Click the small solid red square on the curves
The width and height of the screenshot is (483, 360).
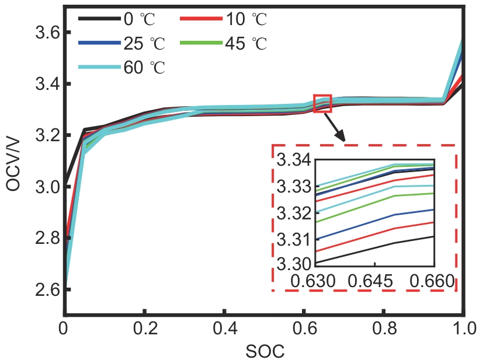pyautogui.click(x=322, y=103)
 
